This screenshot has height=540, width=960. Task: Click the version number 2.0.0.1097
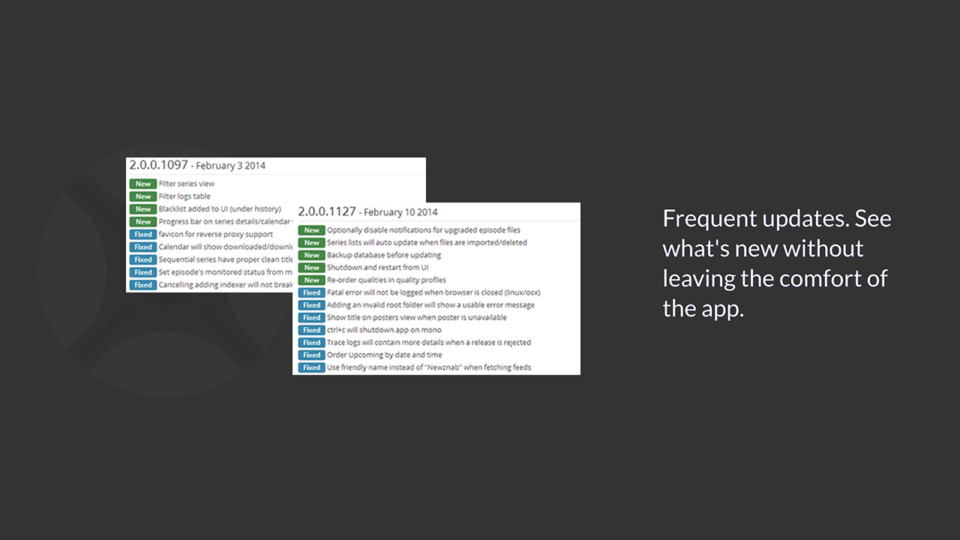[x=158, y=165]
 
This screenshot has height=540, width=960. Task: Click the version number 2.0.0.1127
[x=326, y=211]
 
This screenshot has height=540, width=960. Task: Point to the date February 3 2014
[x=231, y=166]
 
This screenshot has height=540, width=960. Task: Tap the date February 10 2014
[x=400, y=212]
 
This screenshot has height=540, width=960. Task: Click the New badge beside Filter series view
[x=142, y=184]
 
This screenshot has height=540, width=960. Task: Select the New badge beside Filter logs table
[x=142, y=196]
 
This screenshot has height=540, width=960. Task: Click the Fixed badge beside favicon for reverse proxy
[x=142, y=235]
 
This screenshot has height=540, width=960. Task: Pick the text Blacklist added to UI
[x=220, y=209]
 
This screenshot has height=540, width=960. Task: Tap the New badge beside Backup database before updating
[x=311, y=255]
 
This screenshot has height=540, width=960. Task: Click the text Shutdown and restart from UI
[x=377, y=268]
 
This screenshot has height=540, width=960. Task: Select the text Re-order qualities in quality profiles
[x=386, y=280]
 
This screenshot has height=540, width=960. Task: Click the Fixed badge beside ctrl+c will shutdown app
[x=311, y=330]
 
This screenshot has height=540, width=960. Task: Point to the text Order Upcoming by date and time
[x=384, y=355]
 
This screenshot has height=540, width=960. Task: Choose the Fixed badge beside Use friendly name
[x=311, y=367]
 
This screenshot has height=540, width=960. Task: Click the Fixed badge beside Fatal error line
[x=311, y=292]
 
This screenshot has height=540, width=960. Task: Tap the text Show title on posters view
[x=416, y=317]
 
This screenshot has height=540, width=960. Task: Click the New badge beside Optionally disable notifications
[x=311, y=230]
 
